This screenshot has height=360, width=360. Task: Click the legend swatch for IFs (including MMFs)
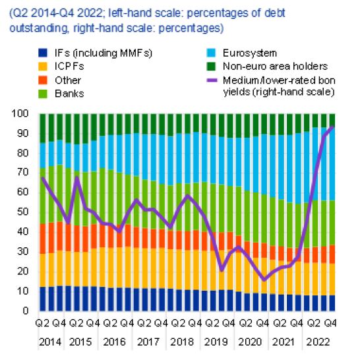(43, 53)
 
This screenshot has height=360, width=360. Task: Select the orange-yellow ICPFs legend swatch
(43, 67)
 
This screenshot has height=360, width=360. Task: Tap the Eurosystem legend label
(250, 53)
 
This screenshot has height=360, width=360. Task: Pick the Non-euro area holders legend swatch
(211, 67)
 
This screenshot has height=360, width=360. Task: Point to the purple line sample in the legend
(212, 80)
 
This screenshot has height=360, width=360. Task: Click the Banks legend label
(69, 94)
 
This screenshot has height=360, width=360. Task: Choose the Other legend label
(68, 80)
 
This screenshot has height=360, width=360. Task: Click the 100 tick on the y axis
(20, 113)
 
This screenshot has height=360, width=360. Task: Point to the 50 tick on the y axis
(22, 212)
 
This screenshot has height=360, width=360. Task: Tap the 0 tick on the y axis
(26, 311)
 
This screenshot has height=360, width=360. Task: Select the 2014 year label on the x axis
(50, 342)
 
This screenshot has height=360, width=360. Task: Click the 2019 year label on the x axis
(216, 342)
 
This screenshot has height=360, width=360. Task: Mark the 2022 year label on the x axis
(318, 342)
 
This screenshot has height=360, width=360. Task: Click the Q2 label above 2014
(42, 323)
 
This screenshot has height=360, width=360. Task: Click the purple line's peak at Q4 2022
(332, 127)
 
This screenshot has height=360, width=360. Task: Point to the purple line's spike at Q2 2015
(77, 177)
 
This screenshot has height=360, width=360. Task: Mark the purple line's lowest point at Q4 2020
(264, 280)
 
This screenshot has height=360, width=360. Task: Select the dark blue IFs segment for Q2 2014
(43, 299)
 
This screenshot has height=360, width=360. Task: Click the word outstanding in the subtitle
(39, 28)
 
